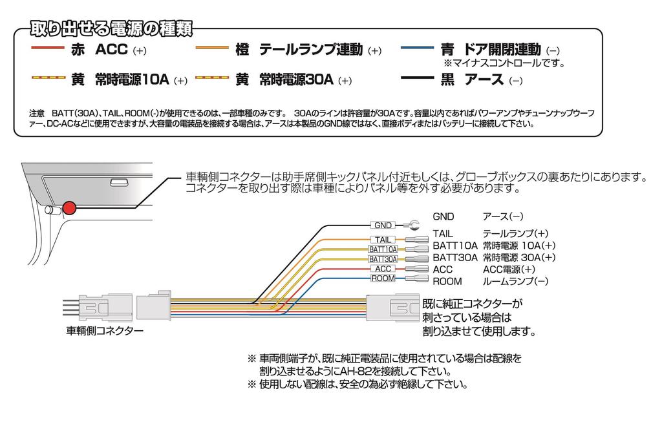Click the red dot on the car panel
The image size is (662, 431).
(69, 208)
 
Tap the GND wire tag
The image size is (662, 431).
(383, 226)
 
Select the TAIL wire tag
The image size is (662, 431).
(382, 240)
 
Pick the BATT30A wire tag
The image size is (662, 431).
(383, 259)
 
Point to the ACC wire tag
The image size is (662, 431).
(382, 269)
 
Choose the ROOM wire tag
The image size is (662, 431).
(382, 279)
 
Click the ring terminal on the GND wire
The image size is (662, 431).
(409, 226)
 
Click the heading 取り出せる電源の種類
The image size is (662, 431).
(107, 30)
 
